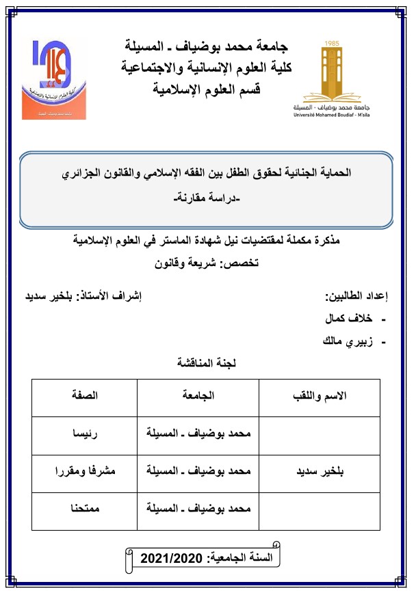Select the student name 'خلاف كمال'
tap(351, 319)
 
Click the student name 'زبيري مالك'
tap(348, 341)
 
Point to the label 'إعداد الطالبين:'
tap(356, 297)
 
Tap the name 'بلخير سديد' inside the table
tap(320, 472)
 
